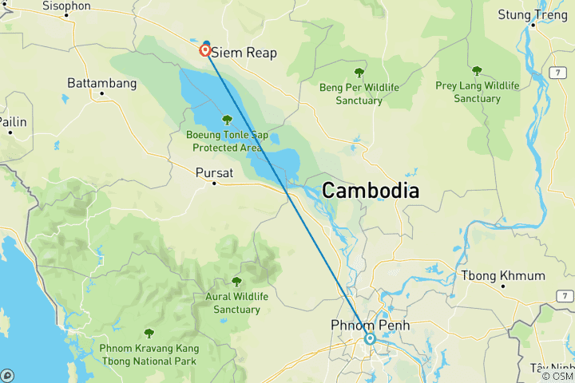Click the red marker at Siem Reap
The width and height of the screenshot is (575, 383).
point(206,50)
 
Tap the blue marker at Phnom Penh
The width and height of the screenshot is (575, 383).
point(370,338)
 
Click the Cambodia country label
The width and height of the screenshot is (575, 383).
point(371,191)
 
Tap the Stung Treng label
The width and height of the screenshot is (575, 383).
point(530,14)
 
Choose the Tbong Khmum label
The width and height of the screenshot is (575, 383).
point(503,275)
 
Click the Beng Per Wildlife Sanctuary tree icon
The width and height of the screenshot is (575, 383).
point(359,72)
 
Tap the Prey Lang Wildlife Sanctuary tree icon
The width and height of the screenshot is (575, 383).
point(477,71)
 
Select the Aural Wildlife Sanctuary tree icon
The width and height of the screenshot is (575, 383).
point(236,281)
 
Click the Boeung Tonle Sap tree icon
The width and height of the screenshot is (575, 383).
point(227,120)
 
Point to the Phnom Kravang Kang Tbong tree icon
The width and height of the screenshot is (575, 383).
point(149,334)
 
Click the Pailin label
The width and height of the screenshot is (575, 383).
point(12,121)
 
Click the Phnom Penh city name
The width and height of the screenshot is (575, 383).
point(370,325)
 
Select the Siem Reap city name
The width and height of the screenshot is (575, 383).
point(244,53)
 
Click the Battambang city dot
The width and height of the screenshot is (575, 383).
point(101,93)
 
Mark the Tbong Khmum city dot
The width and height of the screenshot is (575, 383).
point(503,286)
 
